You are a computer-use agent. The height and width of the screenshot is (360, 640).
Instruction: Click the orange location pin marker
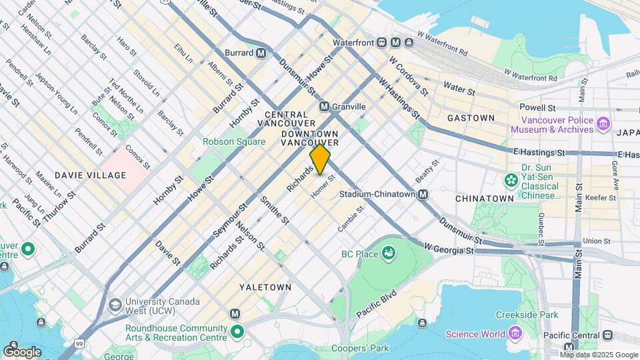tap(320, 159)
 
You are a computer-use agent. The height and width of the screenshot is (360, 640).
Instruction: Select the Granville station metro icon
tap(324, 107)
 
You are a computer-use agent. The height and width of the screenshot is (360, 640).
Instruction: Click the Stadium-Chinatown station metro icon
tap(423, 195)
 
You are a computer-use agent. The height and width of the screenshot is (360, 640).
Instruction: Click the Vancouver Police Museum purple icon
tap(603, 123)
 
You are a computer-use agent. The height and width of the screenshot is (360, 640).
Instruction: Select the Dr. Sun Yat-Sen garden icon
tap(511, 180)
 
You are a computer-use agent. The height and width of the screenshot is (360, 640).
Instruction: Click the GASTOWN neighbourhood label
tap(471, 118)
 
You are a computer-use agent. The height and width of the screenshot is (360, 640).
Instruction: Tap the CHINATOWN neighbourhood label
tap(484, 199)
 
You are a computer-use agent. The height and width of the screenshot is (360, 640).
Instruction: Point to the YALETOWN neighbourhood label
tap(265, 287)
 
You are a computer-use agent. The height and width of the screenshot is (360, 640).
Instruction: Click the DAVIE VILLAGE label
tap(91, 175)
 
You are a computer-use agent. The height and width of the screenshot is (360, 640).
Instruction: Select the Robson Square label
tap(229, 141)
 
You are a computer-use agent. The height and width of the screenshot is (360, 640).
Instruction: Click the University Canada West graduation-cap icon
tap(115, 305)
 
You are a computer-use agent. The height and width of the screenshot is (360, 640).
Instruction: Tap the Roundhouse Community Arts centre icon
tap(238, 331)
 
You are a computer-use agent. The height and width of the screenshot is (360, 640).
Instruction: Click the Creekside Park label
tap(526, 315)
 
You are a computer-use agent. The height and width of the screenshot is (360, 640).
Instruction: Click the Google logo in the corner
tap(22, 351)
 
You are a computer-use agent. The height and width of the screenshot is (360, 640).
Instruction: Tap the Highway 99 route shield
tap(80, 343)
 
